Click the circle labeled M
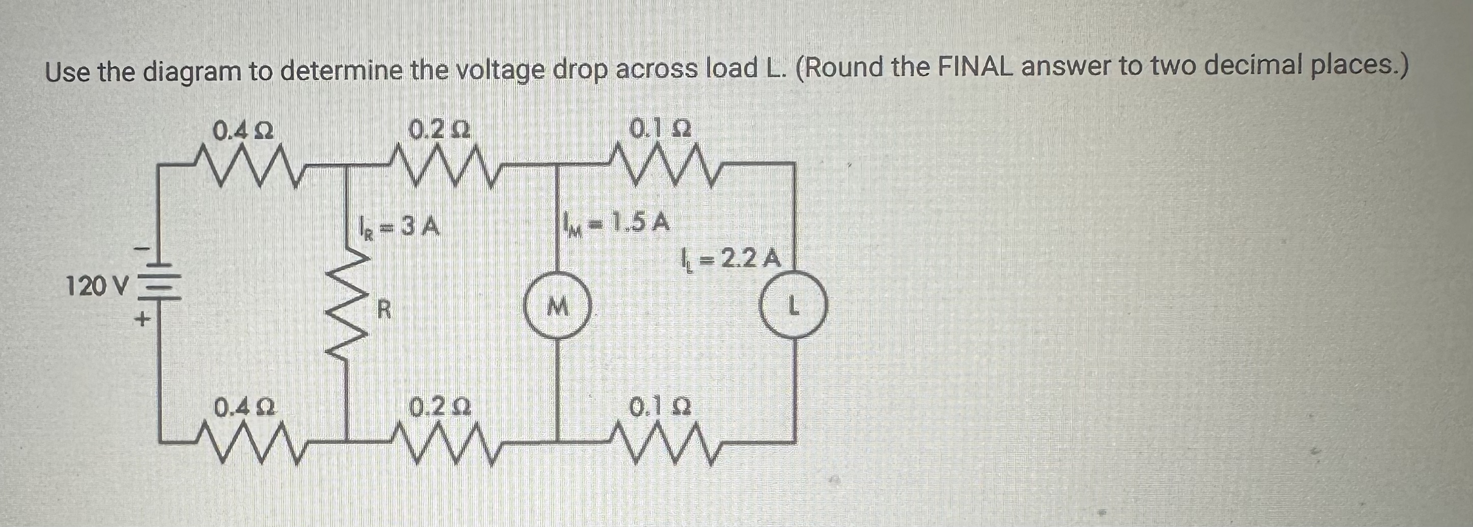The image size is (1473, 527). [557, 309]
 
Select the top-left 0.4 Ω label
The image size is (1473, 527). [242, 131]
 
